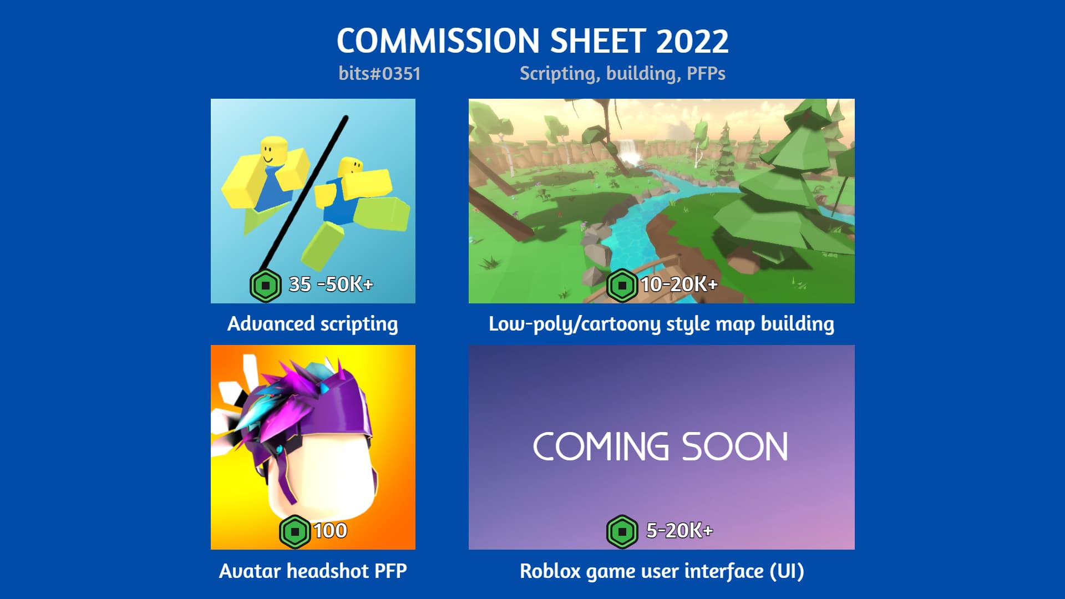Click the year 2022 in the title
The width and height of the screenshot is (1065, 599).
click(692, 42)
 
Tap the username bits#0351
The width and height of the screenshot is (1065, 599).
click(379, 74)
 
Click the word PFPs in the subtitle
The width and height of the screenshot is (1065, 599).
click(706, 74)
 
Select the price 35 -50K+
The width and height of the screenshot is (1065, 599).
click(331, 285)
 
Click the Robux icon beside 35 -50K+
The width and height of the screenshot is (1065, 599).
click(266, 286)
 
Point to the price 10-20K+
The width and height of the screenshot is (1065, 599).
click(679, 285)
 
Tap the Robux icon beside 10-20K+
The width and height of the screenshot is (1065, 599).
click(622, 286)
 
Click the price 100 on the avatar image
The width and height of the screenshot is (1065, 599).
click(330, 531)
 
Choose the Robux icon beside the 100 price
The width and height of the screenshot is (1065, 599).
click(295, 532)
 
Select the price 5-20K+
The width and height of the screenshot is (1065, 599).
click(679, 531)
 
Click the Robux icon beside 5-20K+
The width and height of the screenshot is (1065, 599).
click(622, 532)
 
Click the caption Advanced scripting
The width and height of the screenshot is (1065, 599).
click(313, 324)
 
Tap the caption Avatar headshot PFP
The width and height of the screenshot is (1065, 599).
click(313, 571)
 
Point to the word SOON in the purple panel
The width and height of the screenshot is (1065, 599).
click(734, 447)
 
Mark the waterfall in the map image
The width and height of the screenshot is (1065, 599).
click(628, 150)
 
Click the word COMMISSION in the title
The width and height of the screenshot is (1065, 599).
click(438, 42)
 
